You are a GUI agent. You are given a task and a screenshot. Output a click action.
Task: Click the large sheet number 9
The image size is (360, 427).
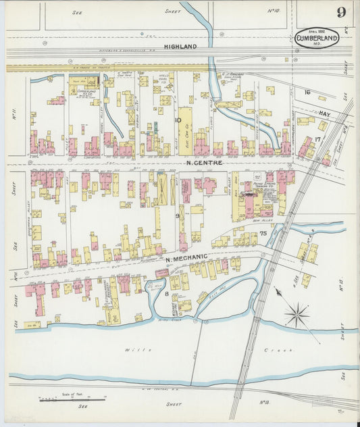(x=342, y=12)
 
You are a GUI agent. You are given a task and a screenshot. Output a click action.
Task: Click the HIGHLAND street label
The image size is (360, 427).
(x=180, y=46)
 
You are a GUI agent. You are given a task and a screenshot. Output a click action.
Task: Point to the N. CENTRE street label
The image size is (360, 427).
(x=204, y=163)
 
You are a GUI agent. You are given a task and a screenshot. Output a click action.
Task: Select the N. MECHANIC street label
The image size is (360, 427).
(x=186, y=259)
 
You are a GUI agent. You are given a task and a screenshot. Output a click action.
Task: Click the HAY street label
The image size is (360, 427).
(x=324, y=116)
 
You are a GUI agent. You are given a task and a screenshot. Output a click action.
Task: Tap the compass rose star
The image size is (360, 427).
(x=297, y=315)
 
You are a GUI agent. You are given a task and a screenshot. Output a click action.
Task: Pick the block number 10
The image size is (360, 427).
(x=178, y=121)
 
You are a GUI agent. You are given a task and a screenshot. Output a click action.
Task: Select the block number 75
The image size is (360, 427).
(x=263, y=233)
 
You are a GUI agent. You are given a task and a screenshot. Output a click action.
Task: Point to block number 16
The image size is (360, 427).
(x=307, y=92)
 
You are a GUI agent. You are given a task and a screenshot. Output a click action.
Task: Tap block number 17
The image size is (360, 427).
(x=317, y=139)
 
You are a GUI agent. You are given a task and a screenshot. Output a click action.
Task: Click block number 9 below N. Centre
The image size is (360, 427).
(x=178, y=216)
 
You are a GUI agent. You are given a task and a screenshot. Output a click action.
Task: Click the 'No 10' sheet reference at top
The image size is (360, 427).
(x=274, y=11)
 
